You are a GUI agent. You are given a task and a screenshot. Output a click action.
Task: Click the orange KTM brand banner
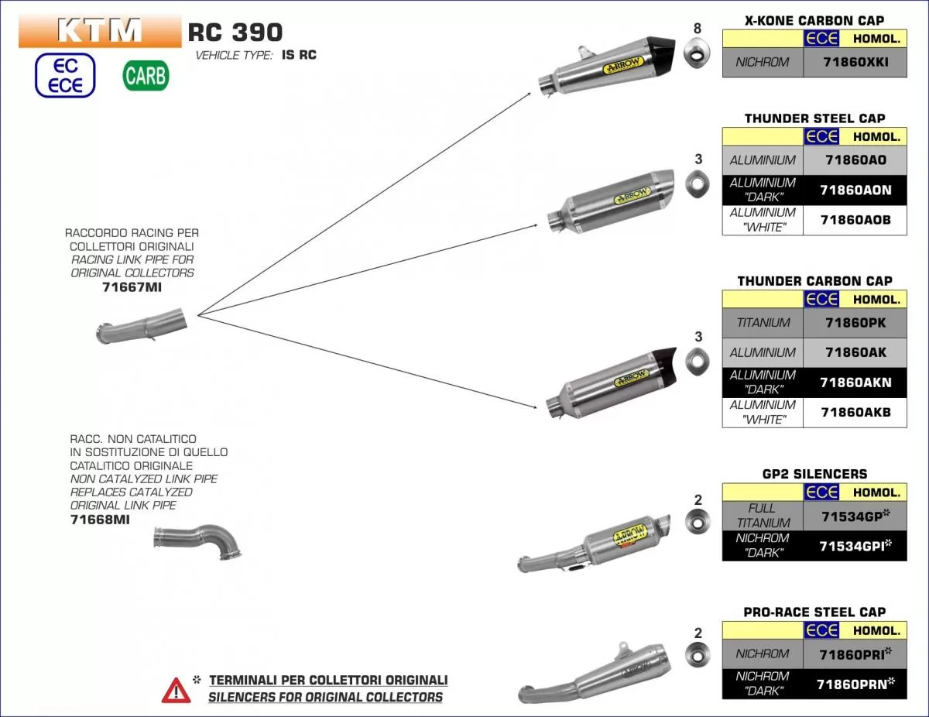pyautogui.click(x=100, y=31)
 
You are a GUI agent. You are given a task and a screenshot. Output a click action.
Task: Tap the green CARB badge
pyautogui.click(x=146, y=75)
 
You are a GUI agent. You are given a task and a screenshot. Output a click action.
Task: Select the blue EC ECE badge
pyautogui.click(x=65, y=76)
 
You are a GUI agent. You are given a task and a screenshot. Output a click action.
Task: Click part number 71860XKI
pyautogui.click(x=855, y=62)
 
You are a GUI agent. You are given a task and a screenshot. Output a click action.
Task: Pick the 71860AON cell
pyautogui.click(x=855, y=190)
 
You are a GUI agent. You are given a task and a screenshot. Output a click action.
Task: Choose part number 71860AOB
pyautogui.click(x=855, y=220)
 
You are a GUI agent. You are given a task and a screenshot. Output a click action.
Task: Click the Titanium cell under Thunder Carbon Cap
pyautogui.click(x=763, y=323)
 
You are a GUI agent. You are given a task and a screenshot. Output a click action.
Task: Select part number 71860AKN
pyautogui.click(x=855, y=383)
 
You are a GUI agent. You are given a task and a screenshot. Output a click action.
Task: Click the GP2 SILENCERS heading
pyautogui.click(x=814, y=474)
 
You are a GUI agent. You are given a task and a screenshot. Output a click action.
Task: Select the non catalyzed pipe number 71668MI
pyautogui.click(x=100, y=520)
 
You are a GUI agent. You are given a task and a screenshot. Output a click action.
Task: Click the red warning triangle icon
pyautogui.click(x=176, y=689)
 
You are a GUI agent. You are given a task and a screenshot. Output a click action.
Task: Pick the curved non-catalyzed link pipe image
pyautogui.click(x=199, y=540)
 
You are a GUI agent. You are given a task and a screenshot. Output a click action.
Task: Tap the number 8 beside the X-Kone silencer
pyautogui.click(x=698, y=29)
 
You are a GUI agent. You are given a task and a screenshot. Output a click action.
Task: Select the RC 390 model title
pyautogui.click(x=235, y=32)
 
